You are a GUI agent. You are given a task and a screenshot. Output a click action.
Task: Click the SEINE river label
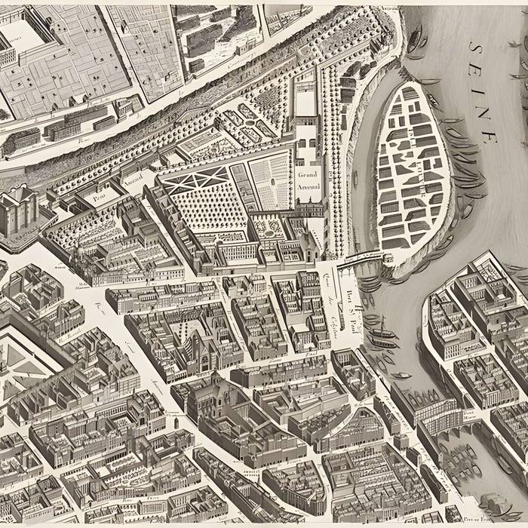point(483,91)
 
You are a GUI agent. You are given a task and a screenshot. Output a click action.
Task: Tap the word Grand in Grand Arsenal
point(308,175)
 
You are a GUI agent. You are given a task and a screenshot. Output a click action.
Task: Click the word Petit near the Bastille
point(101,194)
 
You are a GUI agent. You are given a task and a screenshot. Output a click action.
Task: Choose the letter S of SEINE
point(474,48)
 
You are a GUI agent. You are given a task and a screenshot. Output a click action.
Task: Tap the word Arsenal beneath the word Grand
point(308,186)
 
